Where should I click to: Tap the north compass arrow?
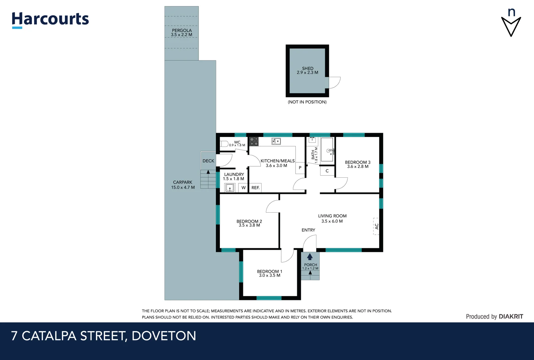click(x=511, y=26)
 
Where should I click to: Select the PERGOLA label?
click(x=182, y=30)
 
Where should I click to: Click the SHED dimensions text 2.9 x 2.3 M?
click(x=307, y=73)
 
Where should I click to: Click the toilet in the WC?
click(x=224, y=144)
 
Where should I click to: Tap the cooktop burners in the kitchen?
click(x=254, y=141)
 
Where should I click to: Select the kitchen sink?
click(x=276, y=141)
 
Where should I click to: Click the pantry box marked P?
click(x=300, y=168)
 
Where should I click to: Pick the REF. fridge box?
click(x=256, y=188)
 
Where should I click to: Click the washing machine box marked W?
click(x=243, y=188)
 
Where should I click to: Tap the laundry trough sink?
click(x=230, y=188)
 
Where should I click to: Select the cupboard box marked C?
click(x=327, y=171)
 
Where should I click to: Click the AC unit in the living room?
click(x=376, y=226)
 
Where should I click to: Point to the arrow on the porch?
click(x=310, y=256)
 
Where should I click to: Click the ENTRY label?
click(x=308, y=230)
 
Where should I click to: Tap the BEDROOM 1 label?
click(x=269, y=271)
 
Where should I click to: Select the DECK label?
click(x=208, y=161)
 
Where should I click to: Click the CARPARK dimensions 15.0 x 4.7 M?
click(x=183, y=187)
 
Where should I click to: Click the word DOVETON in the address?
click(x=164, y=336)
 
